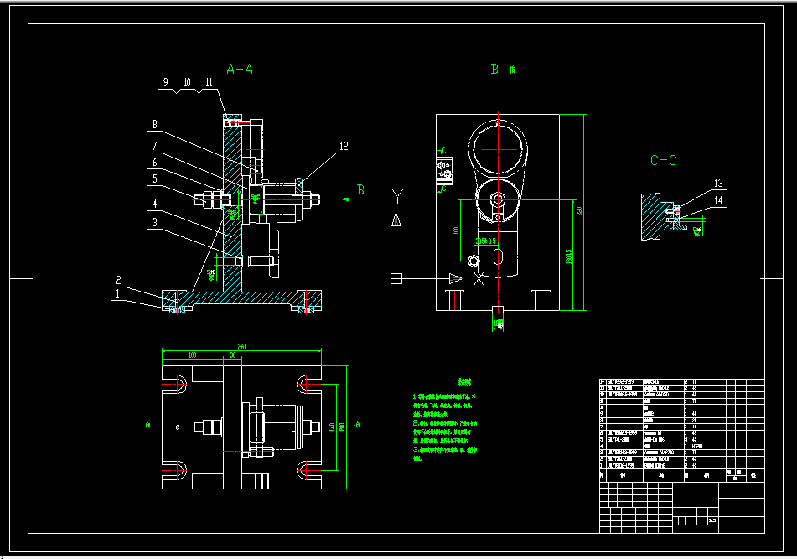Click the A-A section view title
(240, 70)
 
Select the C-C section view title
(663, 160)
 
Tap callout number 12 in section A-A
(344, 146)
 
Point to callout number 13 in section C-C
(718, 183)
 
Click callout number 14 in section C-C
(718, 200)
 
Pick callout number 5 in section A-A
(154, 178)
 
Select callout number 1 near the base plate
(118, 293)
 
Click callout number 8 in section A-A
(154, 126)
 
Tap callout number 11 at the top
(208, 82)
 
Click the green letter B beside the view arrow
(361, 190)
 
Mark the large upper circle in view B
(498, 149)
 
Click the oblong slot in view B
(499, 256)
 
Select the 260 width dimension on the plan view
(242, 346)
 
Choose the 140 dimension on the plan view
(332, 427)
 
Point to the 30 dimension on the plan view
(231, 355)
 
